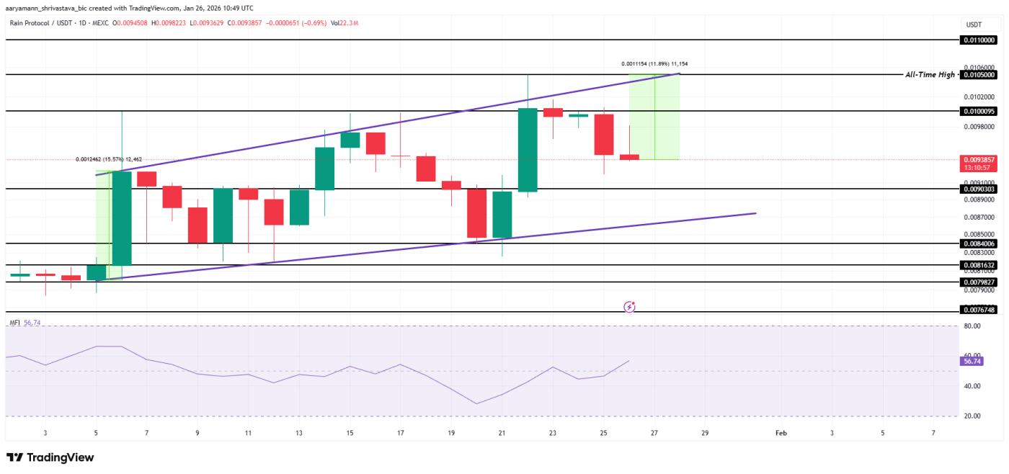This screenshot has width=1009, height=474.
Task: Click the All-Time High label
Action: pos(930,75)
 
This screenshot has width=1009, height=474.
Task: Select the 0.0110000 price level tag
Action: pos(978,40)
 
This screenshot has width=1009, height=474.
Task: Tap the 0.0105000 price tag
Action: pos(978,75)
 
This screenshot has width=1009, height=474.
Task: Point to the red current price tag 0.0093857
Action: pos(978,159)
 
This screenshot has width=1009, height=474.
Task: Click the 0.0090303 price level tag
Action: pos(978,189)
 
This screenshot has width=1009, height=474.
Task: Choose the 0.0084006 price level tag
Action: pos(978,243)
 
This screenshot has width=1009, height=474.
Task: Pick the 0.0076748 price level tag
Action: pos(978,310)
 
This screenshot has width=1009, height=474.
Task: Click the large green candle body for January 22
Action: pos(528,150)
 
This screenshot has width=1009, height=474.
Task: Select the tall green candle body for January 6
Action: pos(121,218)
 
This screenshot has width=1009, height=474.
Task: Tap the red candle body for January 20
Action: pos(476,213)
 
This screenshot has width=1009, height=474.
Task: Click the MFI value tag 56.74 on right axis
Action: pos(972,361)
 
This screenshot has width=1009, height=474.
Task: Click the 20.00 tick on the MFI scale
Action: pos(972,416)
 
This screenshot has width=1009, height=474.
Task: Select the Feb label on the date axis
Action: pos(781,433)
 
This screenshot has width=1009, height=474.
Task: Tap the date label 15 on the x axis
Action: pos(350,433)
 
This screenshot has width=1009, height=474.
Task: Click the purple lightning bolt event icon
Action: pos(629,307)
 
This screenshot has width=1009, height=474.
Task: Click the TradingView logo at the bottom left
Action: pos(50,457)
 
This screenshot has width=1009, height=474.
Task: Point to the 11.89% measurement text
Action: pos(659,64)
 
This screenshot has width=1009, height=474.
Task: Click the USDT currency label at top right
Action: pos(973,24)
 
